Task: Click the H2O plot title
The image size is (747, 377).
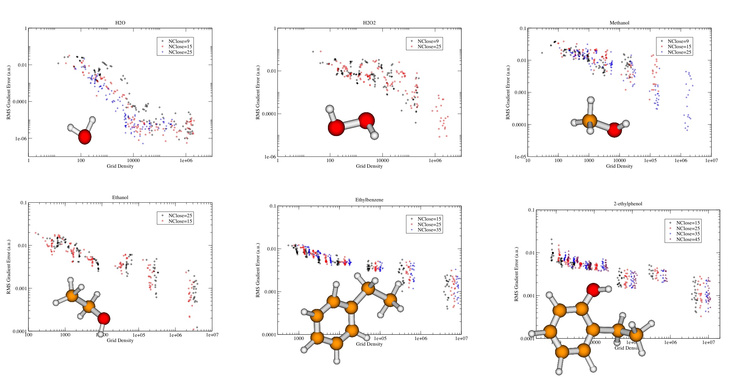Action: click(120, 23)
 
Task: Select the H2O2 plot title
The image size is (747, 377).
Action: click(369, 23)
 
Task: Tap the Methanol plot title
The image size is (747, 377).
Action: click(619, 23)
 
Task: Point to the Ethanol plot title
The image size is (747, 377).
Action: click(120, 197)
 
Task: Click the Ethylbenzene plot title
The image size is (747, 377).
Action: click(369, 200)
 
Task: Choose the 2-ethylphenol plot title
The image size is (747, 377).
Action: click(628, 204)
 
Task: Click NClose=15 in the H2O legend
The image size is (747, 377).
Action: click(180, 47)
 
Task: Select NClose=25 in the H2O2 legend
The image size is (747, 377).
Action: click(429, 47)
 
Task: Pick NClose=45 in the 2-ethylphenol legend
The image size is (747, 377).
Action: click(688, 239)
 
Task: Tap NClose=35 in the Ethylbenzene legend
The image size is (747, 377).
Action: click(429, 230)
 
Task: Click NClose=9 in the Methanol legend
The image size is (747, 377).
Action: click(678, 41)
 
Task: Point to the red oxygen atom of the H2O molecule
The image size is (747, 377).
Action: click(85, 137)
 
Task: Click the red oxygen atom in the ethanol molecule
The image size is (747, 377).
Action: click(104, 319)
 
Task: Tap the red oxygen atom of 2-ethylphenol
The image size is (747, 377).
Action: click(593, 290)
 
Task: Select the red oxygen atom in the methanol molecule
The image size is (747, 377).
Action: click(614, 130)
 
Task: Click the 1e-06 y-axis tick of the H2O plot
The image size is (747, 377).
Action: click(21, 139)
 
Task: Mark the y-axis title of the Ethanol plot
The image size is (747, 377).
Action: click(9, 267)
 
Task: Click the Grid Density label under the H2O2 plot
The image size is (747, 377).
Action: click(369, 166)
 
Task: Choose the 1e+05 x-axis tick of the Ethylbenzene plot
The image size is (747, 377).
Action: click(380, 338)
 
